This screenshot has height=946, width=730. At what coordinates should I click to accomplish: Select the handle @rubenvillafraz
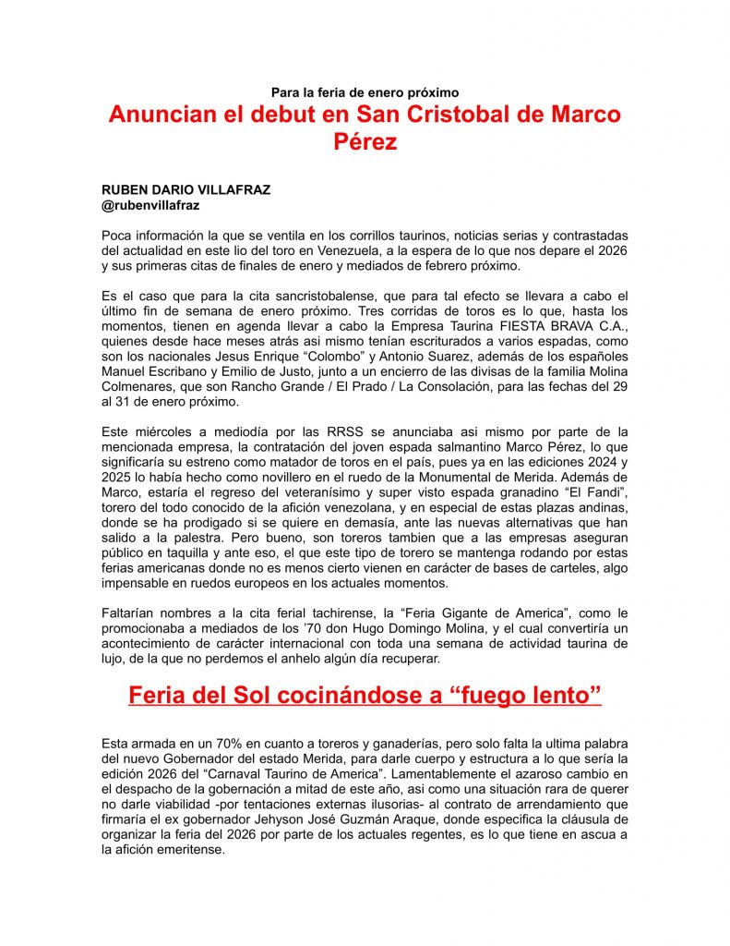tap(150, 205)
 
